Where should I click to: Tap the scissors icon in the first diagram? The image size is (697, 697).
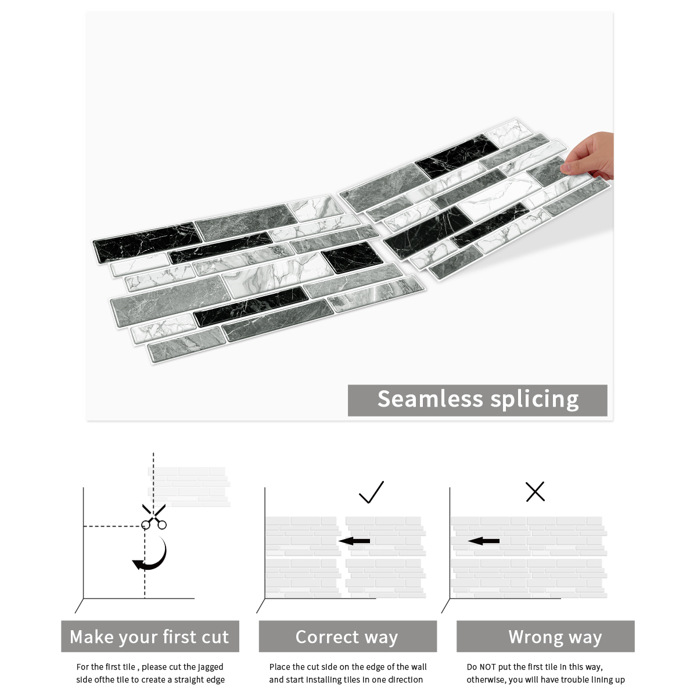coord(154,517)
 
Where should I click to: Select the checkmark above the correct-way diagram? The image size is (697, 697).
coord(371,493)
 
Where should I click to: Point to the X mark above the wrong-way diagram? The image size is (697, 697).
coord(535,491)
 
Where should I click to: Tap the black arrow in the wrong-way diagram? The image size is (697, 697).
coord(484,541)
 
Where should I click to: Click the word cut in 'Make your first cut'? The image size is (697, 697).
coord(214,637)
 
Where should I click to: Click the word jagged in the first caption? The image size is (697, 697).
coord(210,667)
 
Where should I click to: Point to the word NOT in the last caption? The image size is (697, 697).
coord(488,667)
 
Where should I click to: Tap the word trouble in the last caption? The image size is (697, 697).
coord(576,680)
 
